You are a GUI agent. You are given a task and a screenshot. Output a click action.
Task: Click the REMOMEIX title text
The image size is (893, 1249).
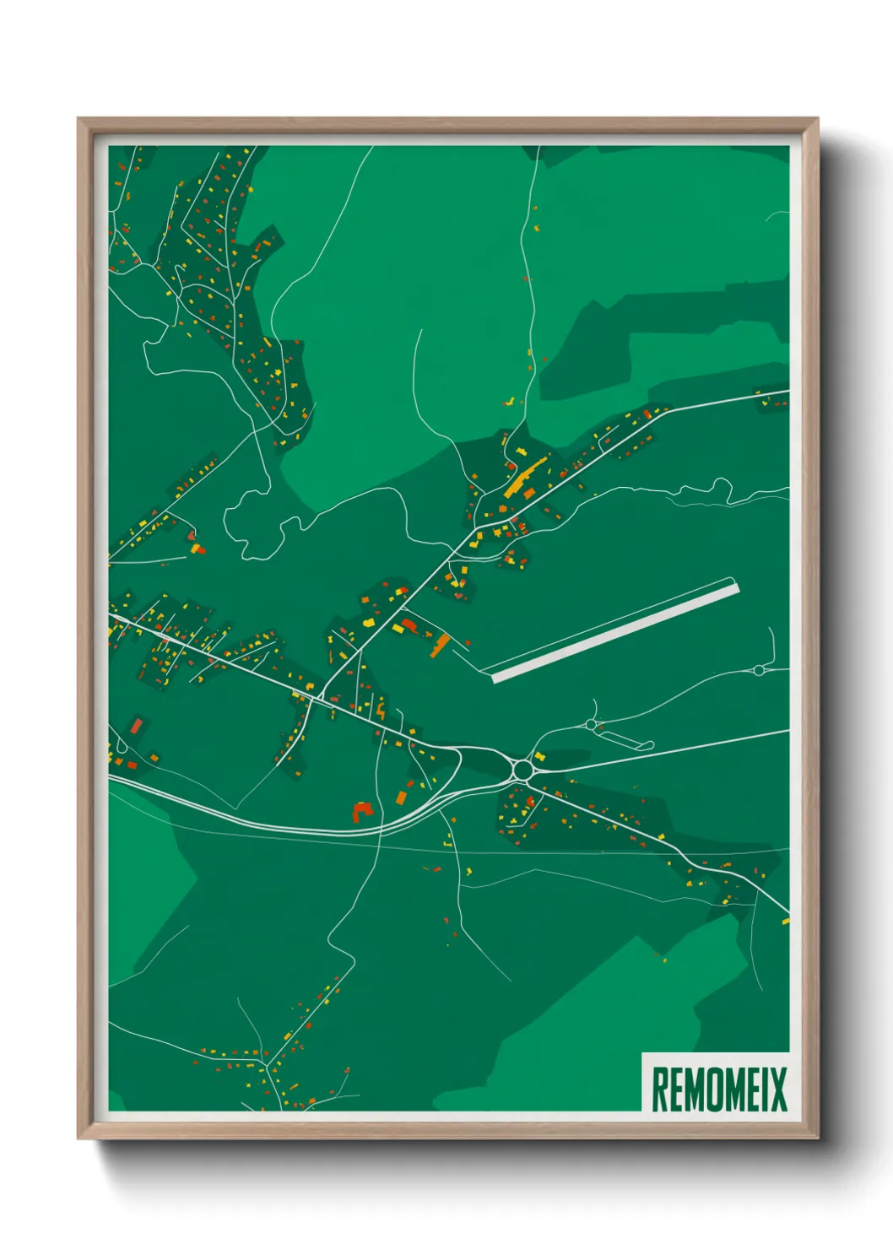[719, 1089]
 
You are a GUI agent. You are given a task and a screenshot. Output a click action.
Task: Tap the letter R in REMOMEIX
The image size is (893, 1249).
[659, 1089]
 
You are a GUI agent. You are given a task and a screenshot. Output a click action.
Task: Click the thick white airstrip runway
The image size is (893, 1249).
[615, 630]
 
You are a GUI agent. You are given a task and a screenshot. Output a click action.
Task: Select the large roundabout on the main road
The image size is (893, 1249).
[522, 770]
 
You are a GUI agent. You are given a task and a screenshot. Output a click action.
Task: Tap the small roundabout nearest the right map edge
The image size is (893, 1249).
[758, 670]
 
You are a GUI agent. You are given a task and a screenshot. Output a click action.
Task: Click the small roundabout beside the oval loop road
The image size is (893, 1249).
[590, 724]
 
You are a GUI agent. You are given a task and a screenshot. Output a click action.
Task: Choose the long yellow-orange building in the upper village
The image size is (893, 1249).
[525, 478]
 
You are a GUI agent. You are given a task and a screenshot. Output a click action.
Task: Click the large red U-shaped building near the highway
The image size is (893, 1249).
[362, 812]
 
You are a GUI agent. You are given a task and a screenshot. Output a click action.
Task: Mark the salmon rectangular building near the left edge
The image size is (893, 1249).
[136, 726]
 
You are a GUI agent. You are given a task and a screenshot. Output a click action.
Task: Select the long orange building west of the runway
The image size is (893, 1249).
[440, 646]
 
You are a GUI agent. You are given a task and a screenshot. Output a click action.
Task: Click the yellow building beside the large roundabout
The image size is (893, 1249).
[539, 756]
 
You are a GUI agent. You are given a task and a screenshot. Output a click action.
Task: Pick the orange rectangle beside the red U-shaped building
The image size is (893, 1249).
[401, 797]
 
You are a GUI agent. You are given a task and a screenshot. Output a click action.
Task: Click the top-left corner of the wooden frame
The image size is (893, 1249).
[79, 120]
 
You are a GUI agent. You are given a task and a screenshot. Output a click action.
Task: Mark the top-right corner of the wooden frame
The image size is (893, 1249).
[816, 120]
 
